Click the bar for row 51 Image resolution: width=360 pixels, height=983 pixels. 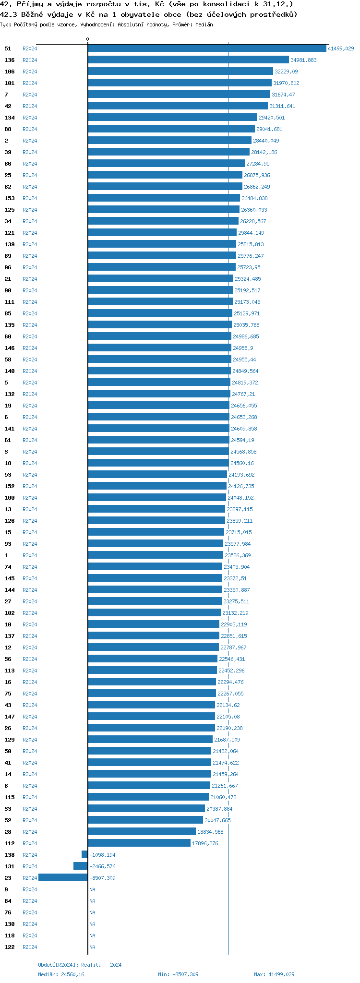(x=207, y=48)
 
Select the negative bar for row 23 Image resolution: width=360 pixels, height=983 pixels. (x=63, y=878)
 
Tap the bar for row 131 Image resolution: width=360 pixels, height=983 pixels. (x=81, y=866)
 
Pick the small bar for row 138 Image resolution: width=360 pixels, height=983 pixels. (x=84, y=855)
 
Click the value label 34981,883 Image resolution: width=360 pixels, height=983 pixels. (x=303, y=60)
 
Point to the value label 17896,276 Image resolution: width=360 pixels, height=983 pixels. (x=205, y=843)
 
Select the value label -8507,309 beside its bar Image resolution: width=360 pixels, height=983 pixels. (x=102, y=878)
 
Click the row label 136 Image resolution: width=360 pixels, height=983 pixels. (x=10, y=60)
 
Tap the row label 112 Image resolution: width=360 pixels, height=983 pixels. (x=10, y=843)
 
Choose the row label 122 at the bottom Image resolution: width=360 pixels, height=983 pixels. (x=10, y=947)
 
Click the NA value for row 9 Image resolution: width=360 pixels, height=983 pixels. (x=92, y=889)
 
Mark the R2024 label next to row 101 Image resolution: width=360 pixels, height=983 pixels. (x=30, y=83)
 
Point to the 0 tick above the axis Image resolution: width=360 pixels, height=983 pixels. (x=87, y=39)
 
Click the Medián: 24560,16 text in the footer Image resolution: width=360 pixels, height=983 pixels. (x=61, y=974)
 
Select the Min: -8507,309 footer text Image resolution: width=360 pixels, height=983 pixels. (x=178, y=974)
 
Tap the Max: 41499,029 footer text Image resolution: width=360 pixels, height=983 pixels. (x=274, y=974)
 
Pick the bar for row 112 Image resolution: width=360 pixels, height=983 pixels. (x=139, y=843)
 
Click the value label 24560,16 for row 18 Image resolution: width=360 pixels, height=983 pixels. (x=242, y=463)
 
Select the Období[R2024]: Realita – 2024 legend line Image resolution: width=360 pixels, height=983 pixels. (x=80, y=965)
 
